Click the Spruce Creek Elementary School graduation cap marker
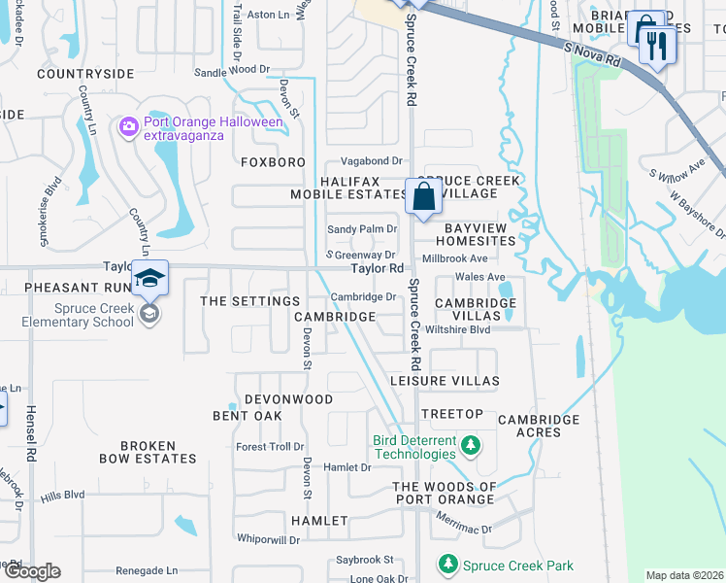[x=150, y=278]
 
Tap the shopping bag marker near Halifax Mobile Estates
[x=424, y=197]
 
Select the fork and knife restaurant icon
[x=658, y=45]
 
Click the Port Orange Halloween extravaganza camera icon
[x=128, y=128]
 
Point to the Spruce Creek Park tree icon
[x=447, y=565]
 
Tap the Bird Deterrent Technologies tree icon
[x=471, y=446]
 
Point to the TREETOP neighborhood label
[x=452, y=415]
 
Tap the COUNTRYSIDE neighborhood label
[x=85, y=74]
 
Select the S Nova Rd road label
[x=590, y=53]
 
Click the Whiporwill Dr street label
[x=269, y=538]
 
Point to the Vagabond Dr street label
[x=370, y=160]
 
